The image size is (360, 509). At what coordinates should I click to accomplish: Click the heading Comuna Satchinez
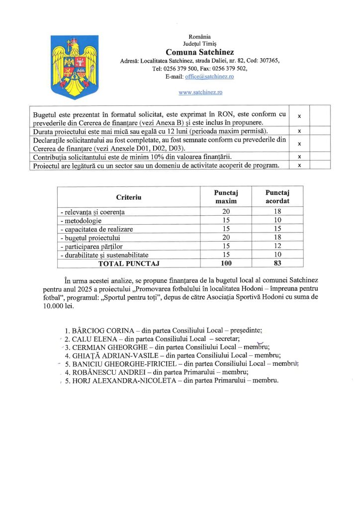200,52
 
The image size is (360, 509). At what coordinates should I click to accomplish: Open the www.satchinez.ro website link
200,92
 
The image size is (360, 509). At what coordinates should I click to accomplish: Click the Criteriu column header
129,197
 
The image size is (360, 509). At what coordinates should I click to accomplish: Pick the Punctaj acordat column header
277,197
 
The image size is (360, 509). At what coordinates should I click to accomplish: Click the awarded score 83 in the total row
277,263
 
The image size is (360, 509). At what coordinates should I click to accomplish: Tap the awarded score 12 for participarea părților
277,246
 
